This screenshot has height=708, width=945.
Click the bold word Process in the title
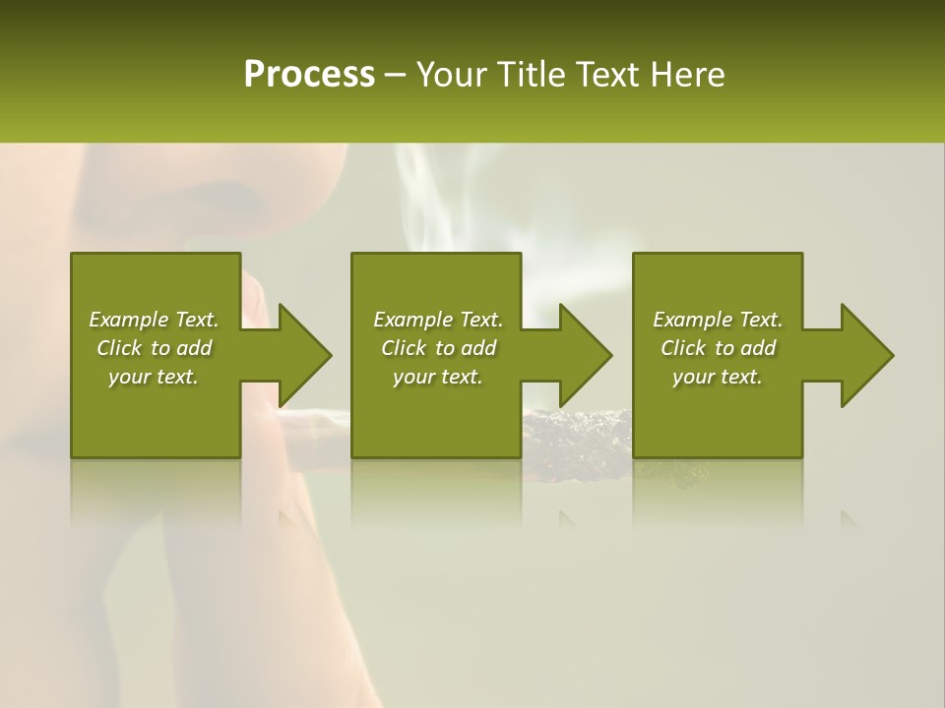point(309,75)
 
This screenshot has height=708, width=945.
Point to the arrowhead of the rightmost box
point(864,355)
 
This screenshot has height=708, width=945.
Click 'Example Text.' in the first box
point(154,320)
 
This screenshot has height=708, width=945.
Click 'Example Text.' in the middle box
point(437,320)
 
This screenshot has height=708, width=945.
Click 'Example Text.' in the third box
point(718,320)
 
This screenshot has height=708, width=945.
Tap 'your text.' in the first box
point(154,377)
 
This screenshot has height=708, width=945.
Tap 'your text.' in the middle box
point(437,377)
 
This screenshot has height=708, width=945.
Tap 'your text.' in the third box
point(718,377)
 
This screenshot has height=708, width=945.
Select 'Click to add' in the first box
point(154,348)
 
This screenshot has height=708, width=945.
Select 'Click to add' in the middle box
point(437,348)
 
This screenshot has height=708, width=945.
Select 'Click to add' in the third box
point(718,348)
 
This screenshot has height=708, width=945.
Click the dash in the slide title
point(396,76)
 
